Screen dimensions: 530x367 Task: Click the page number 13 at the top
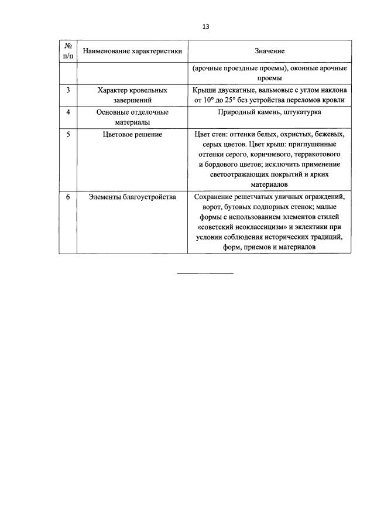[205, 26]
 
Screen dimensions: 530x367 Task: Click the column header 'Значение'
[269, 51]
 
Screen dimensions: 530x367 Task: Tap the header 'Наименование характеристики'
[132, 51]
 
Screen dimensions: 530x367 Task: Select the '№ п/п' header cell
[68, 51]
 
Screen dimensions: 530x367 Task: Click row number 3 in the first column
[68, 90]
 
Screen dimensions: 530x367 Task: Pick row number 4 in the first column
[68, 111]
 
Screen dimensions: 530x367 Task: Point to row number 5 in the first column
[68, 134]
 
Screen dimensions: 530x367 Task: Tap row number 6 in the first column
[68, 197]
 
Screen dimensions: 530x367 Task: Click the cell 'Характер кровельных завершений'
[132, 95]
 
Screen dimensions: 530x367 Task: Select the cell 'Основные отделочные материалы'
[132, 117]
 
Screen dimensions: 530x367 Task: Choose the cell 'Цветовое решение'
[132, 134]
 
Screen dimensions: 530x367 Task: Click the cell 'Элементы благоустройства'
[132, 197]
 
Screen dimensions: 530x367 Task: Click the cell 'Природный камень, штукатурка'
[269, 111]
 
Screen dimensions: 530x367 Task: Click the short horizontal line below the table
[205, 273]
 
